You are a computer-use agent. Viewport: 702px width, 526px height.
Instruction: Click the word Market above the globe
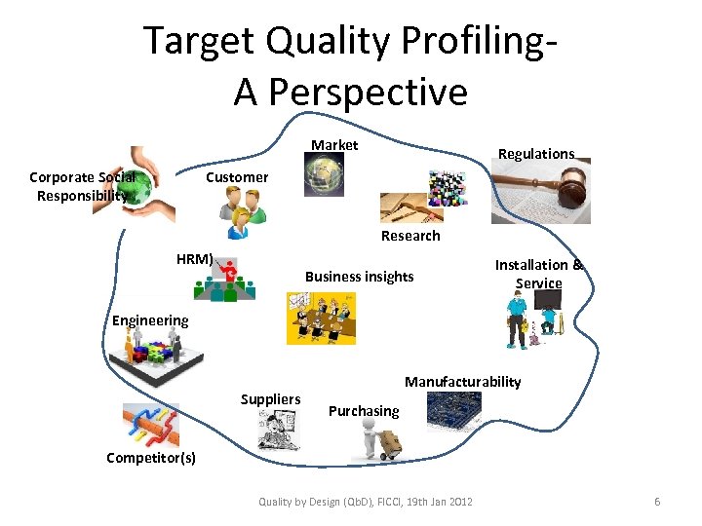334,145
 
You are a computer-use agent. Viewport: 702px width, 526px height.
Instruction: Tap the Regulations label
536,154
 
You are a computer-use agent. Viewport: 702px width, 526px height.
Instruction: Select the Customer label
237,177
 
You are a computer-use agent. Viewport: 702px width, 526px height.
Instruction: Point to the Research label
410,236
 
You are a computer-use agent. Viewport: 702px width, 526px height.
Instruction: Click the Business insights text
359,277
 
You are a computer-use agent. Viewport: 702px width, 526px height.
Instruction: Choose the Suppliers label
270,399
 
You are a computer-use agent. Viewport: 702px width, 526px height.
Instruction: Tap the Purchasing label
364,411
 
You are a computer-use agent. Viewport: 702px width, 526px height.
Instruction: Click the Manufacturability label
463,382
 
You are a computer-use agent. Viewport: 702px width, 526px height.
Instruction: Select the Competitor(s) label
151,458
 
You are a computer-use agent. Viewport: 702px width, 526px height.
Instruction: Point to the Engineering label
150,320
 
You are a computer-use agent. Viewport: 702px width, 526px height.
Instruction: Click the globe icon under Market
325,176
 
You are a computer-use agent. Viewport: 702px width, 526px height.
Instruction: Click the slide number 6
657,502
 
